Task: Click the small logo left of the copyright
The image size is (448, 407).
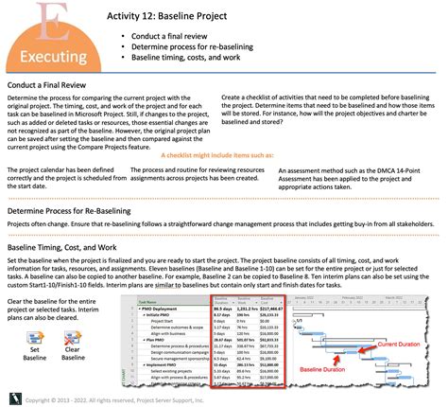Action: [12, 398]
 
